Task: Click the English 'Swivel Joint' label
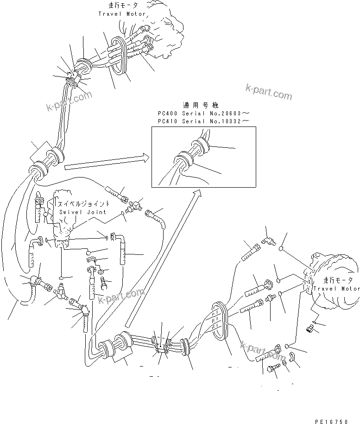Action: point(82,212)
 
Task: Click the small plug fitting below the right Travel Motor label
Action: point(310,329)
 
